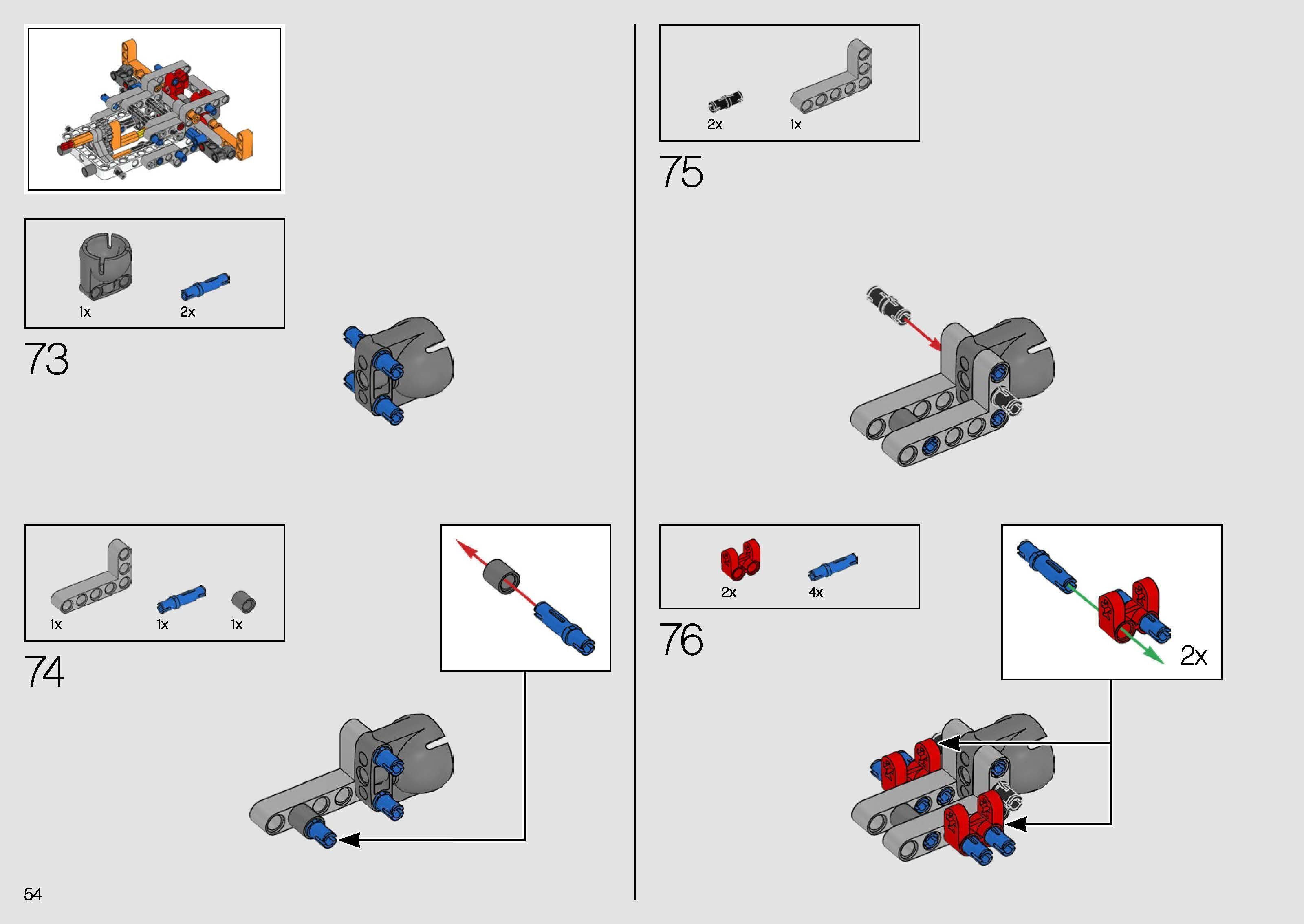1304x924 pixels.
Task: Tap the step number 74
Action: pos(44,671)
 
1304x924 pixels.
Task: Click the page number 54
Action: pos(33,894)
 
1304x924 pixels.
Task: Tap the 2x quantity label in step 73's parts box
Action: pos(188,312)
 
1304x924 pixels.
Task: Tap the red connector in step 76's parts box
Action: pos(740,557)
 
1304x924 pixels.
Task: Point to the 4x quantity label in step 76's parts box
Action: pos(816,592)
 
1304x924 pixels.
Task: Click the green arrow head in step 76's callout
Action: pos(1154,656)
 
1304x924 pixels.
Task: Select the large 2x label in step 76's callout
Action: pos(1194,656)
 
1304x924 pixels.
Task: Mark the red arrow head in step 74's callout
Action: pos(466,548)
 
